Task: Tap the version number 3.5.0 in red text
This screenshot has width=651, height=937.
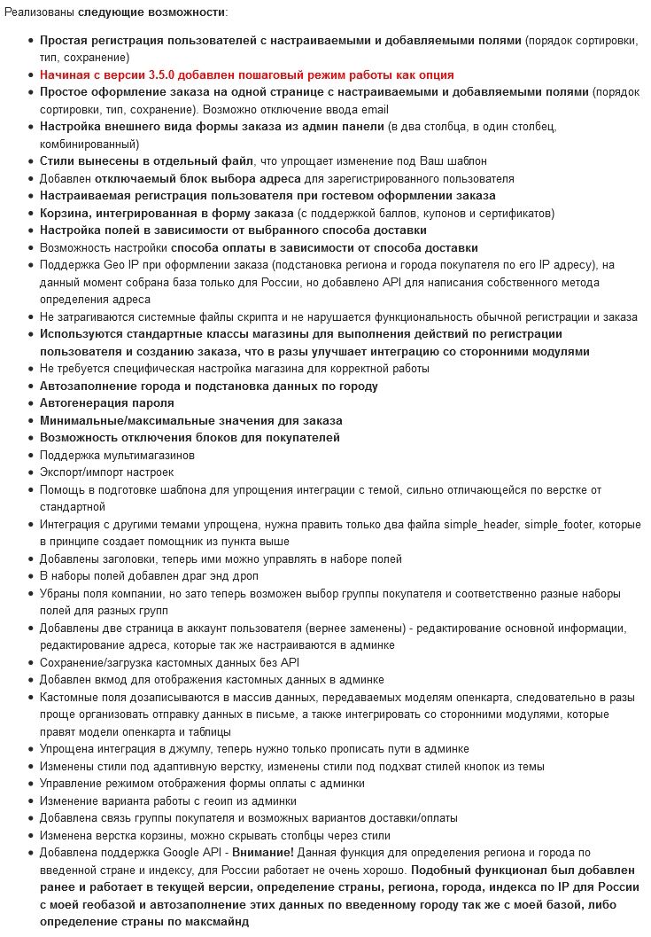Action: [x=165, y=75]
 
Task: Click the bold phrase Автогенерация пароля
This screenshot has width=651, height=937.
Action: [x=106, y=403]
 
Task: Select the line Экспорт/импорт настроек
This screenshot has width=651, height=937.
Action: [x=106, y=472]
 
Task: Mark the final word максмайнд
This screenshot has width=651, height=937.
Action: [x=214, y=922]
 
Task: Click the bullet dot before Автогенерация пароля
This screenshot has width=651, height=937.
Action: [x=29, y=403]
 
